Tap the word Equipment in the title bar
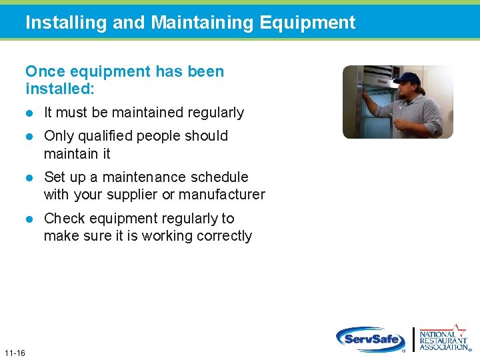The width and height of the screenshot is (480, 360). [x=307, y=23]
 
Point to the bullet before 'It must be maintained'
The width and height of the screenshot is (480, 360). [x=30, y=113]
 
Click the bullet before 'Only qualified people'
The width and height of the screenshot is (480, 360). [x=30, y=136]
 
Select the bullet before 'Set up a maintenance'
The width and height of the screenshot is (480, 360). [x=30, y=177]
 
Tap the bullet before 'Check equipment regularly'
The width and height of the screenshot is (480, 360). [x=30, y=219]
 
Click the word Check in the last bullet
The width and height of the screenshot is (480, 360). [x=63, y=219]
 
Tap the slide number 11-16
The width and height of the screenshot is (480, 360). [x=14, y=352]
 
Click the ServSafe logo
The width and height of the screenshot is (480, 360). [x=371, y=339]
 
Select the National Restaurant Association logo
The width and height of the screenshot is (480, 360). [x=444, y=338]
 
